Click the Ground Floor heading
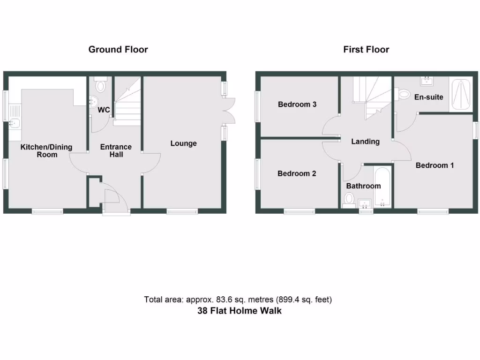click(x=118, y=49)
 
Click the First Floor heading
click(x=366, y=49)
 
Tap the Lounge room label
click(x=183, y=143)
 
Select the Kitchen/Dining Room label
click(x=46, y=150)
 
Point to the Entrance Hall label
click(x=116, y=150)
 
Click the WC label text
click(x=104, y=110)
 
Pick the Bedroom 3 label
click(x=297, y=105)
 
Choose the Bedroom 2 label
click(x=297, y=173)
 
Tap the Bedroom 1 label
click(x=435, y=165)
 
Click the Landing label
click(x=366, y=142)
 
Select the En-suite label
click(x=428, y=97)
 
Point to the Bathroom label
click(x=363, y=186)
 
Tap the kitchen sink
click(x=14, y=124)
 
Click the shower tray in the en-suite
click(x=461, y=95)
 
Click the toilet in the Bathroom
click(x=348, y=200)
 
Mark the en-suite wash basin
click(x=427, y=81)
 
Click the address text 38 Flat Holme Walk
click(x=240, y=310)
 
